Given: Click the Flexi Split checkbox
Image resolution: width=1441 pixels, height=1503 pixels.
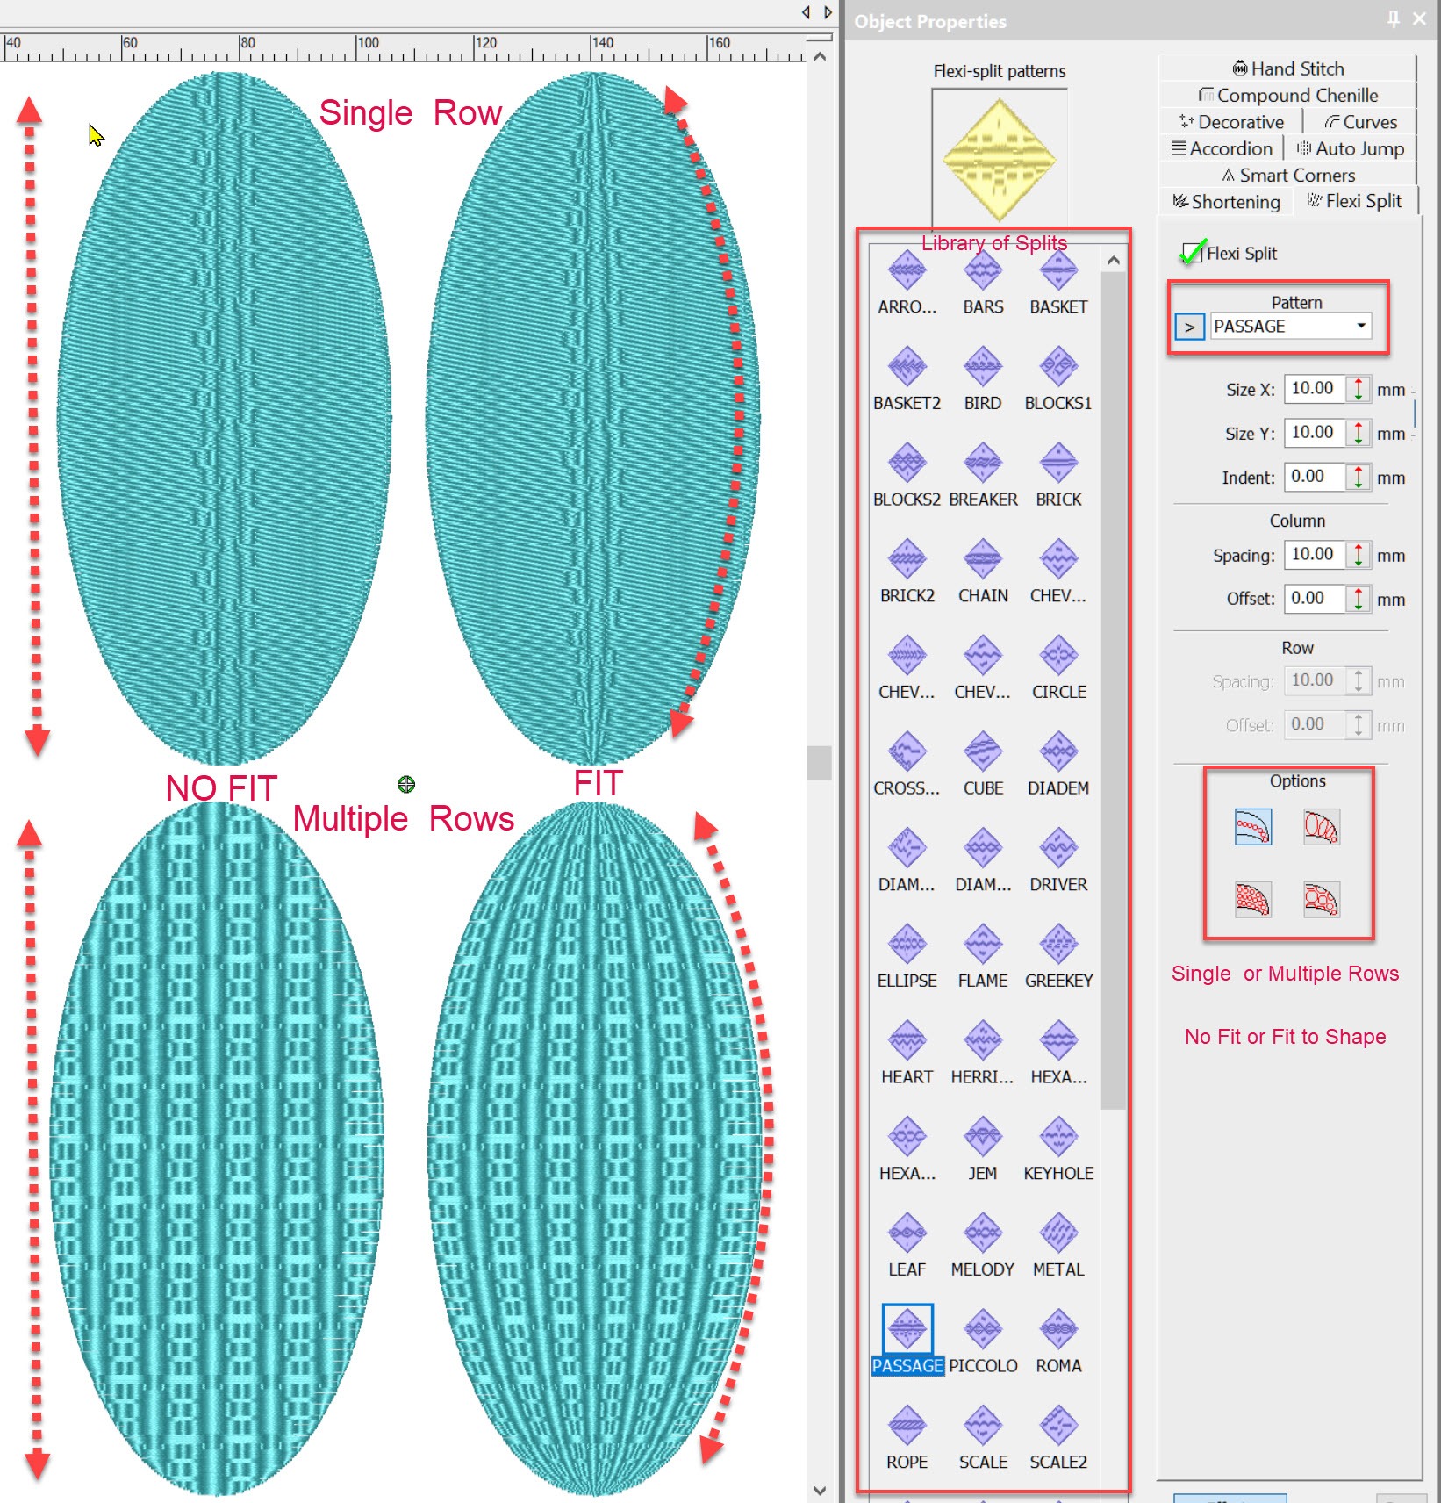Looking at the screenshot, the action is pos(1191,253).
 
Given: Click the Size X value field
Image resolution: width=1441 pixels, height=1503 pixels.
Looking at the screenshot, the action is pos(1314,388).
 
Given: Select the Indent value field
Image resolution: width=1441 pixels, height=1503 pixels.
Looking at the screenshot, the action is pos(1314,477).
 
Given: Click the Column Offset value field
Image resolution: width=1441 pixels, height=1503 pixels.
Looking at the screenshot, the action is pos(1314,599).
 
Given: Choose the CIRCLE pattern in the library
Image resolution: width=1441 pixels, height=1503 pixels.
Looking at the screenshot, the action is pos(1058,655).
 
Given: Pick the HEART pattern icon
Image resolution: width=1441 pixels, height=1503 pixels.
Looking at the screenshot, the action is pos(907,1040).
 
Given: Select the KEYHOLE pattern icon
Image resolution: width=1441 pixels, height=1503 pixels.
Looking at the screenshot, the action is pos(1058,1137).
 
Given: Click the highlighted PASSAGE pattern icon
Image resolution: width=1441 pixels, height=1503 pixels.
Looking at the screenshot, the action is pos(907,1329).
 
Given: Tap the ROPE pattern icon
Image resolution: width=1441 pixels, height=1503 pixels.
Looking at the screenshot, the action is pos(907,1426).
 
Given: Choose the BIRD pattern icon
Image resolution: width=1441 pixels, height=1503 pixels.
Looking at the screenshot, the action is pos(983,366).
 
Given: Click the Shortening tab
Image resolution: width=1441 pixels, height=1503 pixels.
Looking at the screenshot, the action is pos(1227,202).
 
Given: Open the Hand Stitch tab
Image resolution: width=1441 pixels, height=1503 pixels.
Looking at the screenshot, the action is pos(1288,68).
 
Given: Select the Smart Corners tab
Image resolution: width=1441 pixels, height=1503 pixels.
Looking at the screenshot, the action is pos(1288,176).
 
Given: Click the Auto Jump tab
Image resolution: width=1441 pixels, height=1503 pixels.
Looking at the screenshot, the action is pos(1351,148).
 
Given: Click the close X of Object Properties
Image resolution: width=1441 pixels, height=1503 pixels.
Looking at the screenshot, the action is pos(1419,18).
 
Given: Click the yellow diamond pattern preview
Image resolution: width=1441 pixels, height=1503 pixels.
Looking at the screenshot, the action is pos(1000,159).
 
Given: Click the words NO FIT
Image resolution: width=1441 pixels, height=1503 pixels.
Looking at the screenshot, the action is pos(221,787).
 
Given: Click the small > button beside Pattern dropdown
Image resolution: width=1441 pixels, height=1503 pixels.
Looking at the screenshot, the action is pos(1189,327).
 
